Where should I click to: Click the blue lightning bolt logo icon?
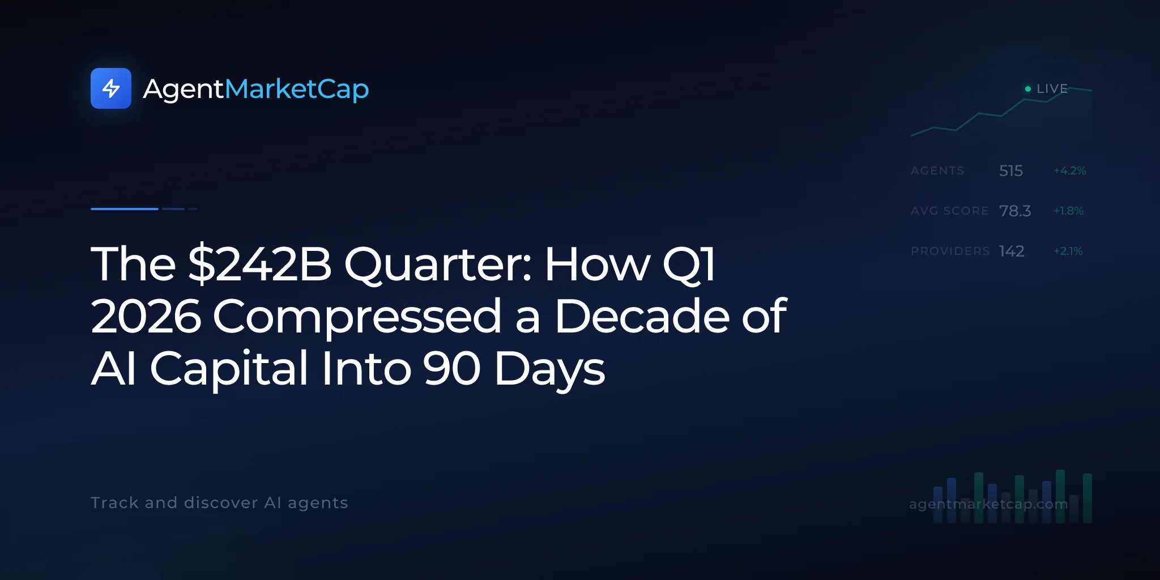point(111,88)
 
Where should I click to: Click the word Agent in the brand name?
point(184,89)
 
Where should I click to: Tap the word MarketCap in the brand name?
point(297,89)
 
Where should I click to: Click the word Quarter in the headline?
point(438,265)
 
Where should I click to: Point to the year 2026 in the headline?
point(146,315)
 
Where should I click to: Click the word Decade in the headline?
point(642,315)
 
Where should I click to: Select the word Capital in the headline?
point(229,369)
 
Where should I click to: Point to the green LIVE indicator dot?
point(1028,89)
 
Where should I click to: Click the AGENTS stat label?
point(937,170)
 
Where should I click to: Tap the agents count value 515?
point(1011,170)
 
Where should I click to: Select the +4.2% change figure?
point(1070,170)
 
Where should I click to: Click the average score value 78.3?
point(1015,211)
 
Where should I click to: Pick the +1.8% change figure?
point(1068,211)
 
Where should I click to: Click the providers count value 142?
point(1012,251)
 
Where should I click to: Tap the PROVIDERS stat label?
point(950,251)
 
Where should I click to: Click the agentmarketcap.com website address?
point(988,504)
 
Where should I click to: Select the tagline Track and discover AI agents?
point(219,502)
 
